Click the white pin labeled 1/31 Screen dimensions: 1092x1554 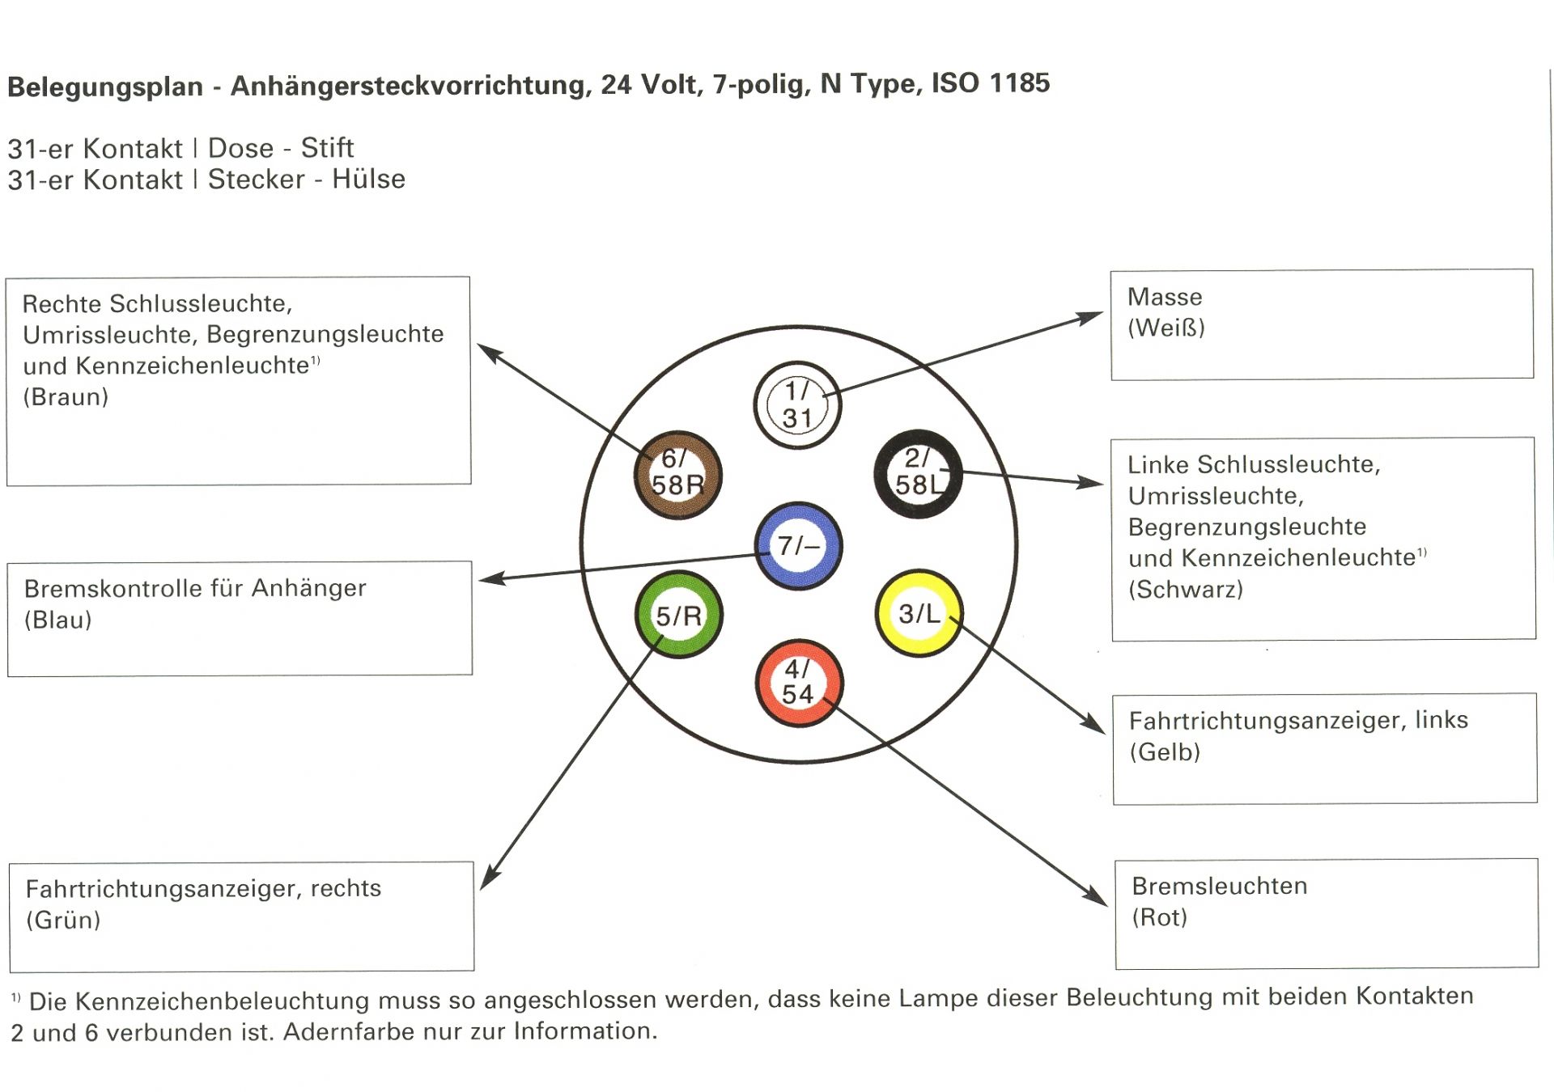pos(797,405)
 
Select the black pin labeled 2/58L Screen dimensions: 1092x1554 pos(918,474)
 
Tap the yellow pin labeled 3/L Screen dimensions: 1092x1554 pos(919,613)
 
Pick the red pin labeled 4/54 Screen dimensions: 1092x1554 pos(798,683)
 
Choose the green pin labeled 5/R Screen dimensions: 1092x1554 pos(678,615)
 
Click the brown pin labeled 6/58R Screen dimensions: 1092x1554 pos(677,475)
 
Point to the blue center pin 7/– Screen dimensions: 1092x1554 pos(798,545)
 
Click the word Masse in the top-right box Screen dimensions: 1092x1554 pos(1165,298)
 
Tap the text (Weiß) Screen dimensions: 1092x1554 pos(1166,328)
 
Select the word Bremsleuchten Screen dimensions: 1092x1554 pos(1219,887)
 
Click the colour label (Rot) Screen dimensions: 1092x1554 pos(1159,917)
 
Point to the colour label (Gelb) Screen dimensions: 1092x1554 pos(1165,752)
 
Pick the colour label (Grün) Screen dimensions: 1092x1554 pos(63,921)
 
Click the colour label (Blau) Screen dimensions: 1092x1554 pos(58,620)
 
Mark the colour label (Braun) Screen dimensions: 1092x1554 pos(66,397)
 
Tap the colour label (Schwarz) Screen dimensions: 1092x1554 pos(1185,590)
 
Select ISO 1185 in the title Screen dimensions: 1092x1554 pos(991,83)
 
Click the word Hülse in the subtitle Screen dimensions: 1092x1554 pos(368,179)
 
